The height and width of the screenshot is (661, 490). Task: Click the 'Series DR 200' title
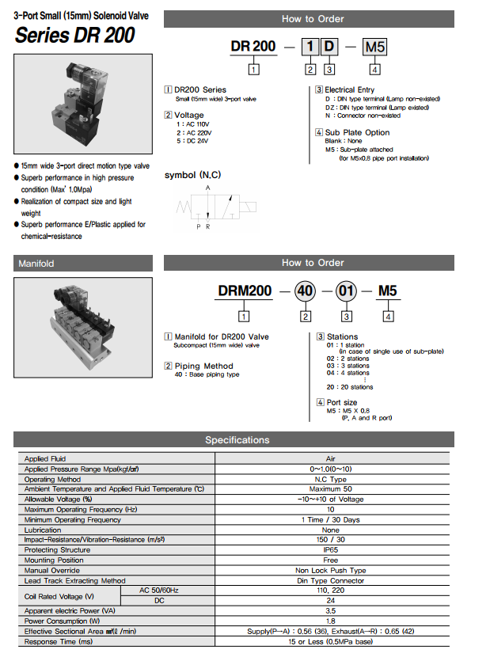coord(74,35)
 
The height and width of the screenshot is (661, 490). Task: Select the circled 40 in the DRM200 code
coord(305,291)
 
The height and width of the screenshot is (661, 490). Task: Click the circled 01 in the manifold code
coord(347,291)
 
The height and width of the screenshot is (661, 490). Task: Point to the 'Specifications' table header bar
coord(237,440)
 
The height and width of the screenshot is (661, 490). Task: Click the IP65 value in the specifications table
coord(331,550)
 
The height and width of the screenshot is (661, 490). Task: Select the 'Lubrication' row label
coord(43,530)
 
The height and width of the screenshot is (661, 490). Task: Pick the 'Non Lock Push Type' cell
coord(331,570)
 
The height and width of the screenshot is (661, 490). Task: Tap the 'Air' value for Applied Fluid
coord(331,458)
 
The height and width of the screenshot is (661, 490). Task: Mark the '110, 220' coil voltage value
coord(331,591)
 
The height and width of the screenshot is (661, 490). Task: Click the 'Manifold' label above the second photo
coord(36,264)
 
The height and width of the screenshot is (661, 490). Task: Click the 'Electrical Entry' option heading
coord(349,89)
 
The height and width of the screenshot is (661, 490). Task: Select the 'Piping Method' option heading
coord(203,366)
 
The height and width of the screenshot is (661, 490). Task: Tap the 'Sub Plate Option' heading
coord(357,132)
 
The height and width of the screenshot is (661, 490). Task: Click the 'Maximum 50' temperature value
coord(331,489)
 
